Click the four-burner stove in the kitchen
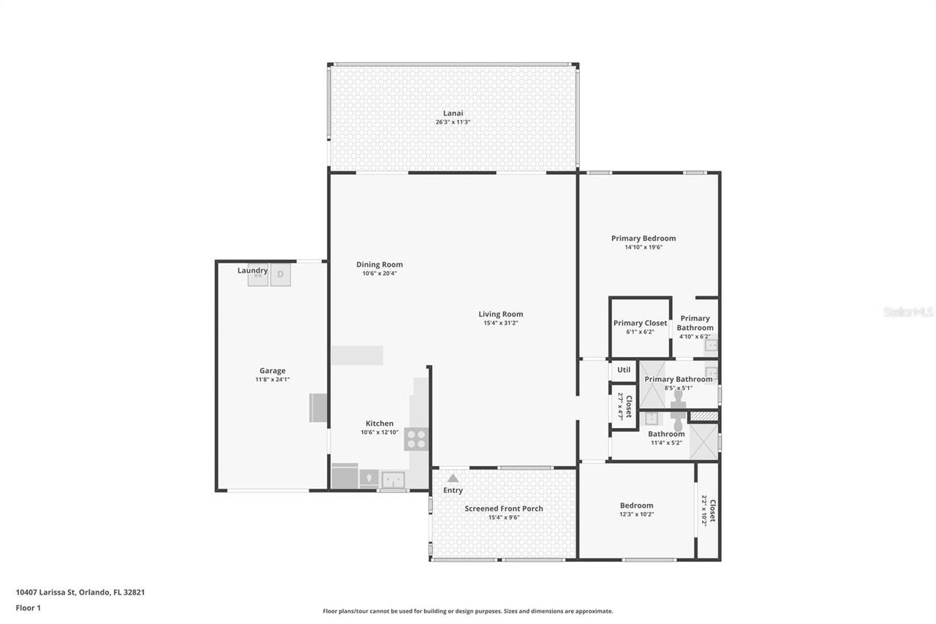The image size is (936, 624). [x=416, y=439]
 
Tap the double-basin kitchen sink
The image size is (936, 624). [x=393, y=480]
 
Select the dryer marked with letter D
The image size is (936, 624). [x=281, y=274]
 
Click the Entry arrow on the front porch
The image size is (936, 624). [x=453, y=478]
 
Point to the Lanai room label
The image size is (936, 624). [x=453, y=113]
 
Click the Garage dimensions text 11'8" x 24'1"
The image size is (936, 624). [x=272, y=380]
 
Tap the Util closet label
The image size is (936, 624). [x=624, y=370]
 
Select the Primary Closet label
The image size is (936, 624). [x=640, y=323]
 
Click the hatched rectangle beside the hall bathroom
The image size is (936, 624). [x=704, y=416]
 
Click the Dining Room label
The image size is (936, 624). [x=380, y=265]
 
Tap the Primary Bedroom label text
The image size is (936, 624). [x=643, y=238]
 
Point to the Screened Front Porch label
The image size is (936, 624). [x=504, y=508]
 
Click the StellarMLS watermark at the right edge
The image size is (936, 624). [x=908, y=312]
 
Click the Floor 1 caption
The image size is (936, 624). [x=29, y=608]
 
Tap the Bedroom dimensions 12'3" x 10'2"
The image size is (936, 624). [x=636, y=514]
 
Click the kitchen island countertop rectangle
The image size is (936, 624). [x=357, y=356]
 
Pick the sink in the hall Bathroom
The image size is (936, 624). [x=652, y=418]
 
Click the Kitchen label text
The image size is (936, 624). [x=380, y=424]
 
